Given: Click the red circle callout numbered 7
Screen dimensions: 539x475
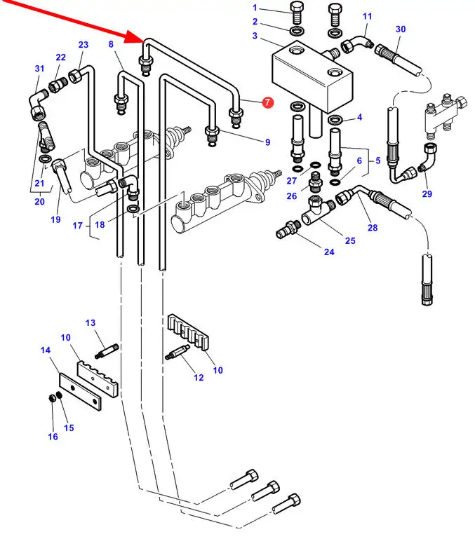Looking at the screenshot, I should (268, 103).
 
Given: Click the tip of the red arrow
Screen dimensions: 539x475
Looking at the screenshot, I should (142, 40).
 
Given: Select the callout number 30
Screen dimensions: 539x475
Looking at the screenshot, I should (401, 29).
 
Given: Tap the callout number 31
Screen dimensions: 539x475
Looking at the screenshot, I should (39, 69).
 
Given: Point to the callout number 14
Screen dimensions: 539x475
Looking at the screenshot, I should (45, 350).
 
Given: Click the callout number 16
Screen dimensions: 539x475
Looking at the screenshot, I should (53, 437).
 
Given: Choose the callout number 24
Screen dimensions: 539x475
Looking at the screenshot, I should (329, 252).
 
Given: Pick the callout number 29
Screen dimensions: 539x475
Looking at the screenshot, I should (427, 194).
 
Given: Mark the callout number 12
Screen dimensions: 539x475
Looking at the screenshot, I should (199, 378).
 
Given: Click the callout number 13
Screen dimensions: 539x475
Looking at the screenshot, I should (91, 322).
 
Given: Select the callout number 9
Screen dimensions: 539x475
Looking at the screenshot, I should (267, 142).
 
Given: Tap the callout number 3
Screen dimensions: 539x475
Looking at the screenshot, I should (255, 36).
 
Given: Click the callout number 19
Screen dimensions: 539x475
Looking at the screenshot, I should (55, 220).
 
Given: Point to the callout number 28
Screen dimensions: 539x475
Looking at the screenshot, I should (372, 228).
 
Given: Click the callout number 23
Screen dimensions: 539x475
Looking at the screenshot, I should (83, 46).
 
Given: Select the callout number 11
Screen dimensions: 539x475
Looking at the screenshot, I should (368, 16).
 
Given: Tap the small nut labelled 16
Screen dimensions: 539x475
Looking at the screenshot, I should (52, 399).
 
